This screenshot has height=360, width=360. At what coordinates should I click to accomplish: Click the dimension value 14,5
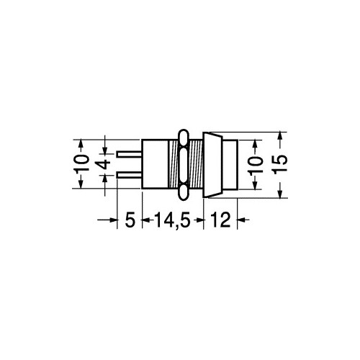click(x=173, y=220)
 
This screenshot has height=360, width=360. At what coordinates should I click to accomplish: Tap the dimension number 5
click(x=130, y=220)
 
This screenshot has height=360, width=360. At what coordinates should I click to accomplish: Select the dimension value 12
click(x=220, y=220)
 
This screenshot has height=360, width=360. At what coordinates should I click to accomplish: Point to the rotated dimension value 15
click(x=280, y=164)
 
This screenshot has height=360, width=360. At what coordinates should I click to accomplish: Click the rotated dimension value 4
click(x=103, y=165)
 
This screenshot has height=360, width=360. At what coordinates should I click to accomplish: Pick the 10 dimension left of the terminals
click(x=81, y=163)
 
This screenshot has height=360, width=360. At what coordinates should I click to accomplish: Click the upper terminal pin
click(x=129, y=154)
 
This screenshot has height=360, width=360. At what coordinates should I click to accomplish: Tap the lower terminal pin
click(x=129, y=175)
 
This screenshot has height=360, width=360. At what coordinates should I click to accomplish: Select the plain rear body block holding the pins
click(x=155, y=164)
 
